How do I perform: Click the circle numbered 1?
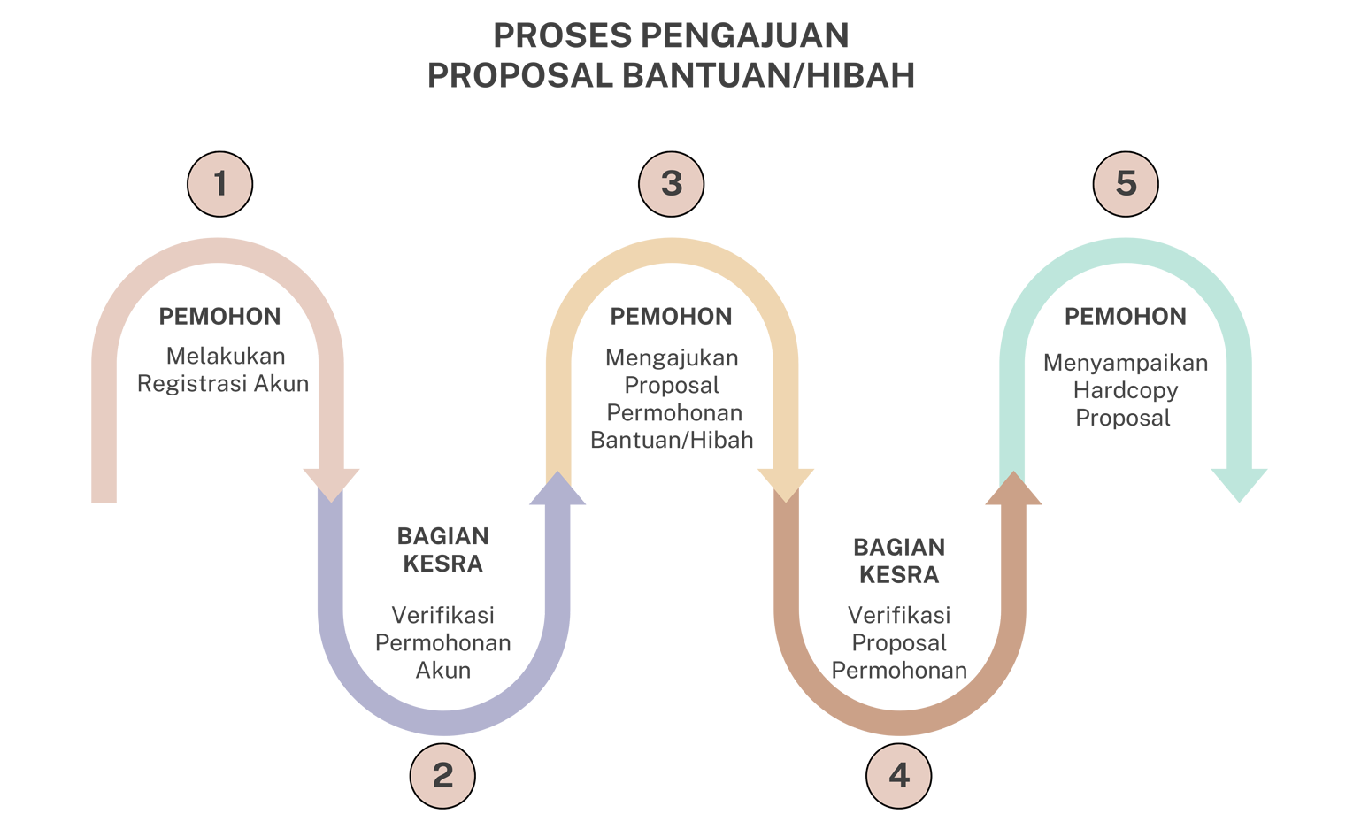[x=220, y=184]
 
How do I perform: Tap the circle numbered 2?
[x=442, y=776]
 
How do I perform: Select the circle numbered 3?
[x=672, y=184]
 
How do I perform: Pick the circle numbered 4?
[x=899, y=776]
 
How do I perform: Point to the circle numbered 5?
[x=1126, y=184]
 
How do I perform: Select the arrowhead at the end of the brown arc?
[x=1013, y=482]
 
